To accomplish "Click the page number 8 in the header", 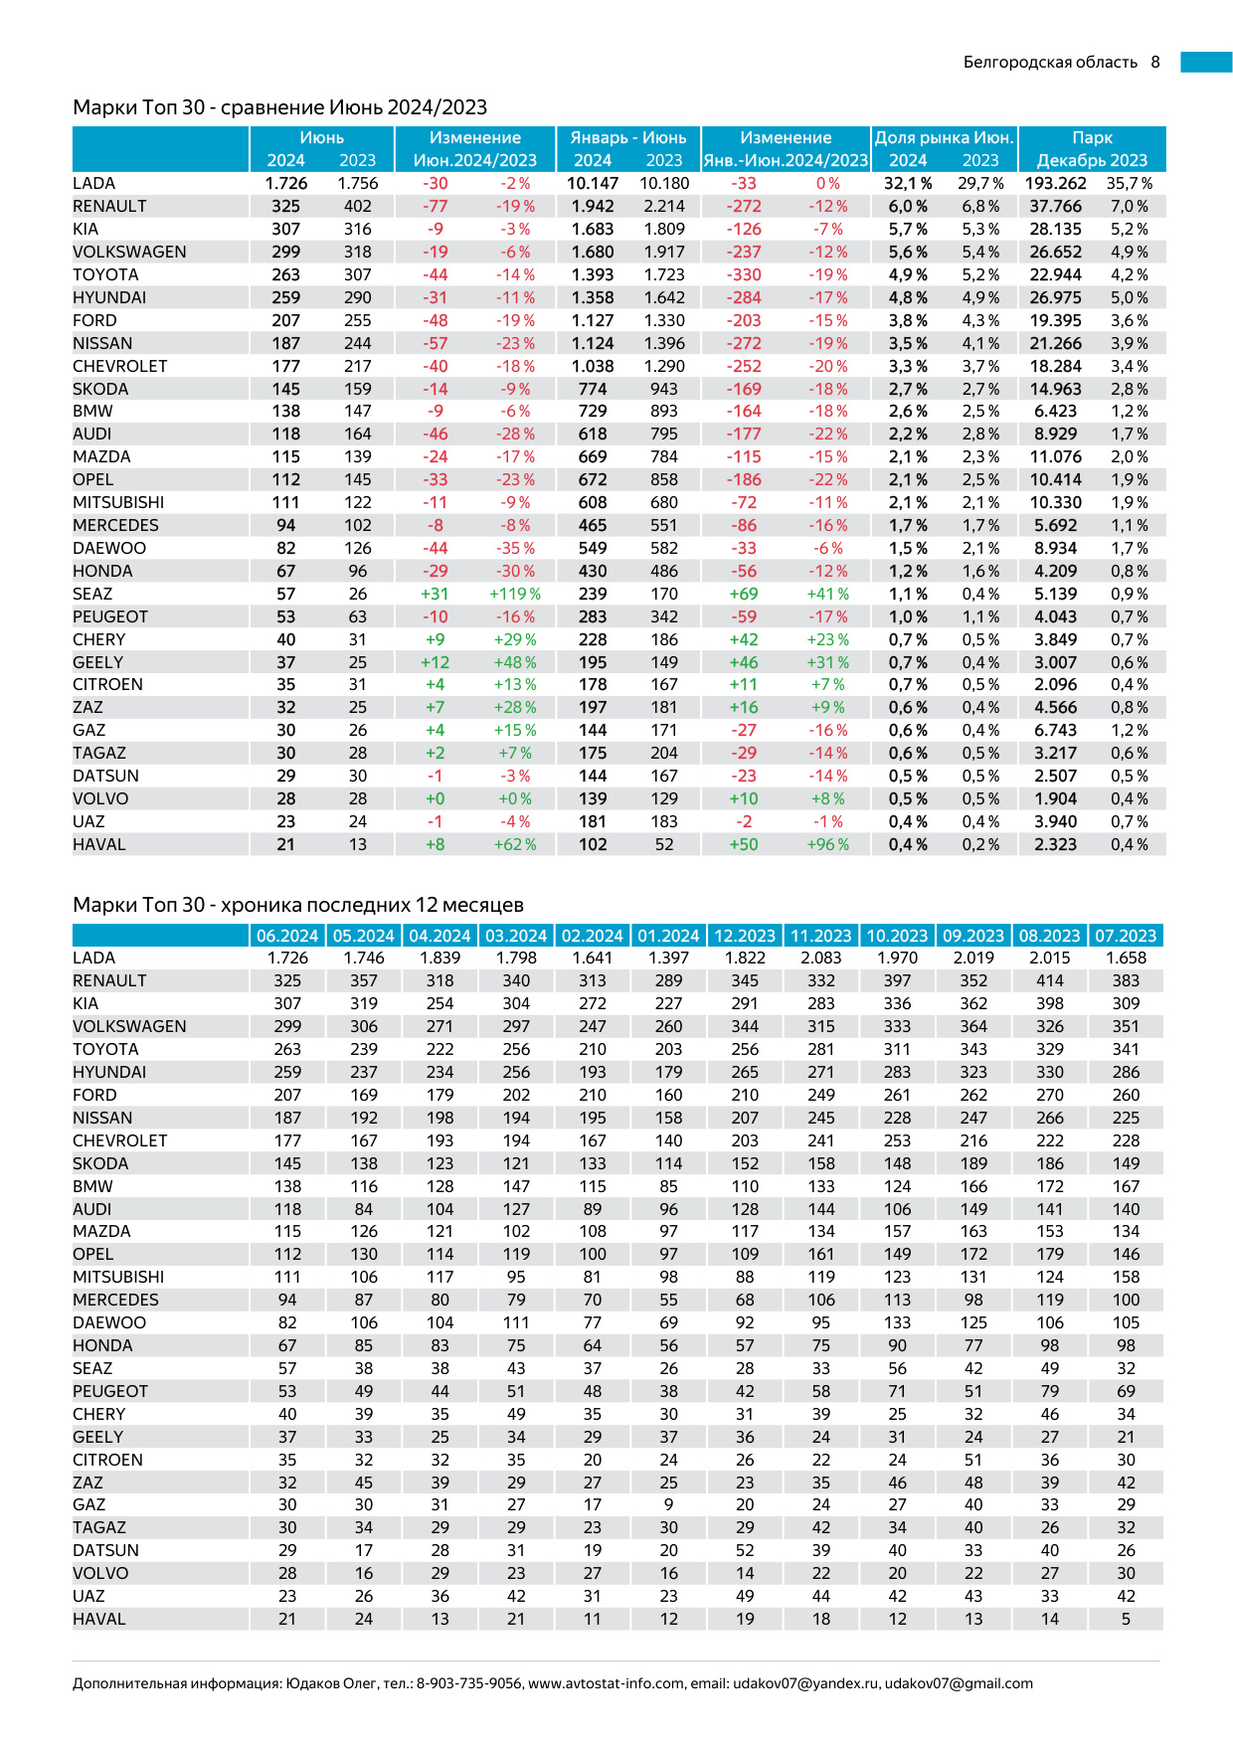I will pos(1155,62).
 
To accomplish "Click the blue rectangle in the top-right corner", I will pos(1206,62).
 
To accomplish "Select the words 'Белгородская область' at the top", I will pos(1050,62).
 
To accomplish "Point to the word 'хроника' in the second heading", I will pos(261,905).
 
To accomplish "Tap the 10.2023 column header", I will pos(897,936).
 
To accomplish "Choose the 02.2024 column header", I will pos(593,936).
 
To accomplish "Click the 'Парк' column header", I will pos(1092,138).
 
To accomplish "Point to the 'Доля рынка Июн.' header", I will pos(944,138).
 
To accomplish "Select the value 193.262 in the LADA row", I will pos(1056,184).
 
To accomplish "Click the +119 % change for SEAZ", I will pos(515,594).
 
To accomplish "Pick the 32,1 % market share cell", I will pos(908,184).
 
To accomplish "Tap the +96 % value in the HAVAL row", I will pos(827,844).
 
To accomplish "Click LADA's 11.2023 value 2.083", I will pos(820,958).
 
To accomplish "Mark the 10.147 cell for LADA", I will pos(593,184).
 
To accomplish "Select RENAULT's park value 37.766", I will pos(1056,206).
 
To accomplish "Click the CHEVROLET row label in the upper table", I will pos(120,366).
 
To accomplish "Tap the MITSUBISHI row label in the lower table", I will pos(118,1277).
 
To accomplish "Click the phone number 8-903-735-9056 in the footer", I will pos(468,1683).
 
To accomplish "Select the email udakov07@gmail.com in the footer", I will pos(959,1683).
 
